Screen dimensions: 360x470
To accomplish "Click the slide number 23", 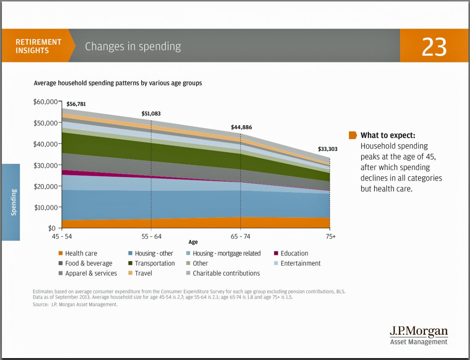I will point(434,46).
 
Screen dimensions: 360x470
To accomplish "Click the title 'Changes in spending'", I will point(133,47).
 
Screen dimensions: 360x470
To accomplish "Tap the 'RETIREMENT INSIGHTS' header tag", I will point(38,46).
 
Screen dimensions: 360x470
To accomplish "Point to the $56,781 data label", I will point(76,104).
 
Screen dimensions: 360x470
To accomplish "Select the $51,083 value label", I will point(151,114).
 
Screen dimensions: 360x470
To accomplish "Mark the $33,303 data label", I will point(327,149).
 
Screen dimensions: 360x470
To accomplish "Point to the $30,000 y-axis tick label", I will point(46,165).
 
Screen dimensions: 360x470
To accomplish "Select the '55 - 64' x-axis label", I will point(151,237).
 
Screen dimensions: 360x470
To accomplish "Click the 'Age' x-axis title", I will point(193,242).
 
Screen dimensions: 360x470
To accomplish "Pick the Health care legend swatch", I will point(60,253).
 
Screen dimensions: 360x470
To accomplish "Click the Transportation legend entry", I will point(151,263).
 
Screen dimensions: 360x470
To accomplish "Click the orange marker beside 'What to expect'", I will point(352,136).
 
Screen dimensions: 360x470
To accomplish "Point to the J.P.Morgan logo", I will point(419,335).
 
